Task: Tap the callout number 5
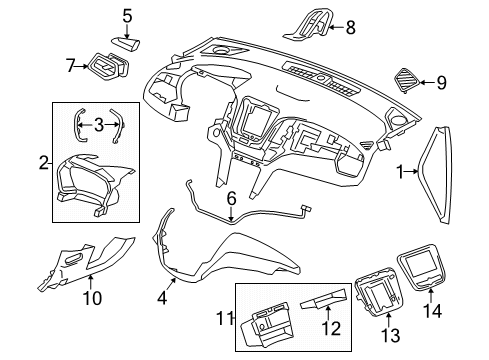[127, 15]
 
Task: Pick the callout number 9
[441, 83]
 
